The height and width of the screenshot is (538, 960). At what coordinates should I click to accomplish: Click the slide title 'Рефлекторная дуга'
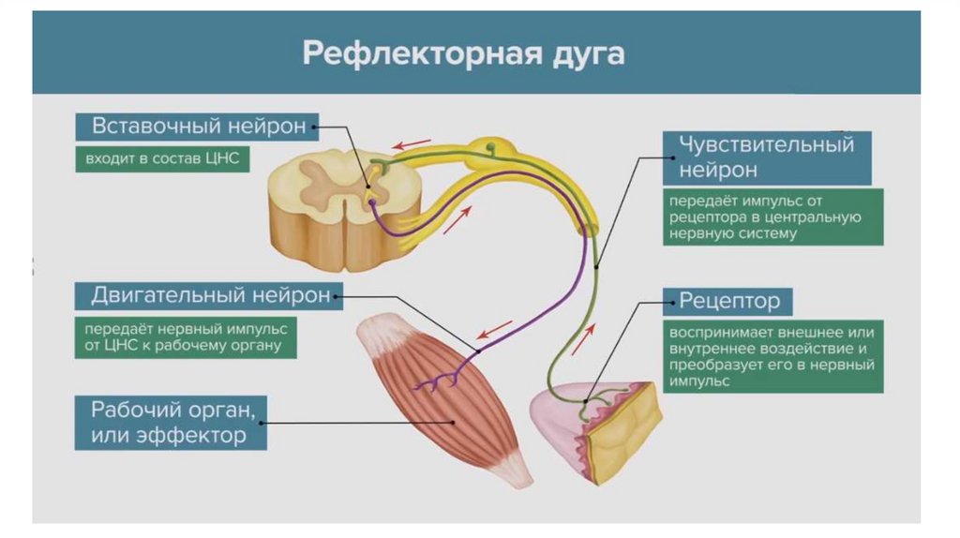click(x=463, y=53)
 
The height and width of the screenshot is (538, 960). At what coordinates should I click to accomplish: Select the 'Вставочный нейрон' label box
click(x=198, y=127)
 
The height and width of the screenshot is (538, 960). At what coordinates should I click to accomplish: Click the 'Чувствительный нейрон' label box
click(x=767, y=157)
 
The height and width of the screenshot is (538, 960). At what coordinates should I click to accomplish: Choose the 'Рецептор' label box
click(x=729, y=301)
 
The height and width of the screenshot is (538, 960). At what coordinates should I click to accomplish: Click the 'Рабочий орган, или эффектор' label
click(x=171, y=422)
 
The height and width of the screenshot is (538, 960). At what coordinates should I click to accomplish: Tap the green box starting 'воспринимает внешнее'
click(x=772, y=357)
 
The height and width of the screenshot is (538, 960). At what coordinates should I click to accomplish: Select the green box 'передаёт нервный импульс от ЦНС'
click(x=187, y=338)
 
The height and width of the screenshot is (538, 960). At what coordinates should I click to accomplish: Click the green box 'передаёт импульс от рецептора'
click(x=772, y=217)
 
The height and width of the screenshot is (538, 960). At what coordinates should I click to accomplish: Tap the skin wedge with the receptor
click(x=595, y=426)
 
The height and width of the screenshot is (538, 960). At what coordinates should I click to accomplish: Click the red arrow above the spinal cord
click(x=412, y=145)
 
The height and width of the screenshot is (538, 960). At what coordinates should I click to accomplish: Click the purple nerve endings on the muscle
click(x=441, y=381)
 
